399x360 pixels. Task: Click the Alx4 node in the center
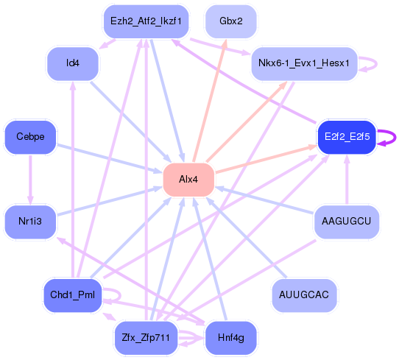pos(188,180)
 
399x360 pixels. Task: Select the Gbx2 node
pos(231,21)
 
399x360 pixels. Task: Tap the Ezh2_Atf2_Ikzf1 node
pos(146,21)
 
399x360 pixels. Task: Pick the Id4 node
pos(73,63)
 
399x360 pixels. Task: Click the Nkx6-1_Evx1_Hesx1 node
pos(304,63)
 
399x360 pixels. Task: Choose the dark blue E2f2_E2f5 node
pos(347,137)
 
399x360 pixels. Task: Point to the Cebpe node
pos(30,137)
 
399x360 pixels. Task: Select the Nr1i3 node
pos(30,222)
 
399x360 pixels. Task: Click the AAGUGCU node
pos(346,222)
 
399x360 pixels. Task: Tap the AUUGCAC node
pos(304,295)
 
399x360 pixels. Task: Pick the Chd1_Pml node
pos(73,295)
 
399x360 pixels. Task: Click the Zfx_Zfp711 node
pos(146,338)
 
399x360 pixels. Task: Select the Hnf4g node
pos(231,338)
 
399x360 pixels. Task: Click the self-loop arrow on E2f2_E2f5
pos(395,138)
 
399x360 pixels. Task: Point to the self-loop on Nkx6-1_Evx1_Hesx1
pos(376,63)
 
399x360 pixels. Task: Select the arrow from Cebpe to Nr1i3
pos(30,180)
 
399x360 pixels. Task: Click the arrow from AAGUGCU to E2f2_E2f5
pos(347,180)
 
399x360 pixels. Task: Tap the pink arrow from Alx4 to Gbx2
pos(210,101)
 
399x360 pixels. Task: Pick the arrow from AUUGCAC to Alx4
pos(246,237)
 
